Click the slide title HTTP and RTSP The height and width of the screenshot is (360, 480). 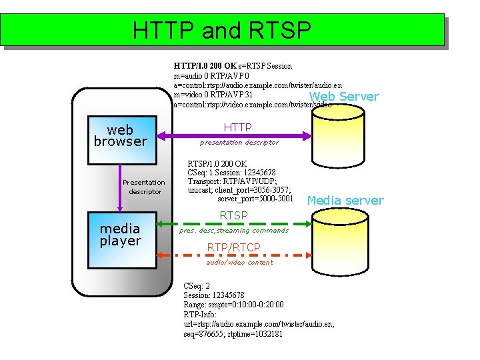click(x=222, y=30)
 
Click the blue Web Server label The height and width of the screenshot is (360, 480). click(x=344, y=97)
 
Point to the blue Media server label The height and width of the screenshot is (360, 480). click(x=345, y=201)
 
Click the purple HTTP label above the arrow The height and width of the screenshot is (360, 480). click(x=237, y=127)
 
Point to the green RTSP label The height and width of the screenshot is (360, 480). click(x=233, y=215)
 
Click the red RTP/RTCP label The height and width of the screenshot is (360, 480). click(x=233, y=248)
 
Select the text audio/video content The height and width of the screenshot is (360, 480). click(x=239, y=263)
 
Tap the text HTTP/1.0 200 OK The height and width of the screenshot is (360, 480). click(x=205, y=66)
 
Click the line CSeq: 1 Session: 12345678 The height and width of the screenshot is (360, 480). click(x=231, y=173)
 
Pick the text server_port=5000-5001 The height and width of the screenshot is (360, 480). click(x=255, y=199)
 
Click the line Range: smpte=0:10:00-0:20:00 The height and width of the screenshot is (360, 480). click(x=233, y=305)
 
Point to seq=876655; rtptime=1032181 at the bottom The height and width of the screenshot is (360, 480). click(x=233, y=333)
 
